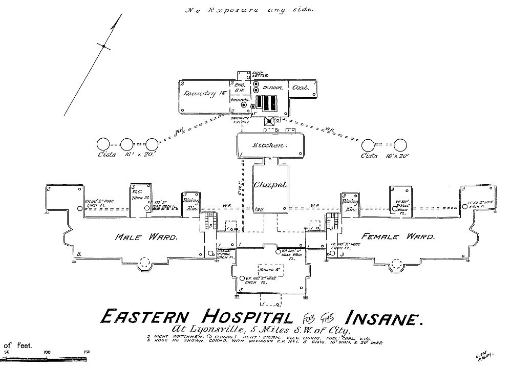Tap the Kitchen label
(268, 145)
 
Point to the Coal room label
(301, 88)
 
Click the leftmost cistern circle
(103, 145)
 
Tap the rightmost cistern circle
(401, 145)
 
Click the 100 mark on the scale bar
(47, 352)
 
